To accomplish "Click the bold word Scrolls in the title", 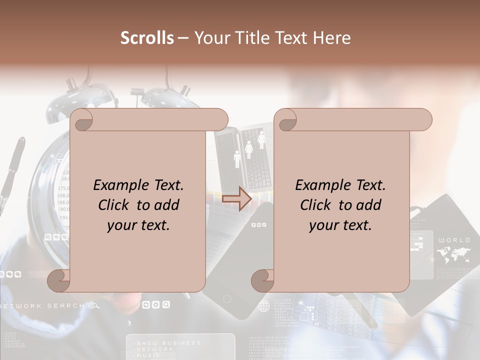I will tap(147, 38).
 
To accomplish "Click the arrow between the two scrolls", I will tap(236, 198).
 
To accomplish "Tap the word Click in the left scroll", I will tap(115, 205).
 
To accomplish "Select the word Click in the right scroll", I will tap(317, 205).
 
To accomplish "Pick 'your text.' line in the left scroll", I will tap(138, 225).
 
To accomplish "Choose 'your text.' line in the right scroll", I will tap(340, 225).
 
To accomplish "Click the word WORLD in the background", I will tap(454, 240).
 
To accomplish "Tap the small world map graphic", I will tap(454, 256).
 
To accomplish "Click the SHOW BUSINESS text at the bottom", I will tap(168, 343).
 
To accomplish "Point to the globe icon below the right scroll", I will tap(263, 305).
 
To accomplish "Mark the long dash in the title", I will tap(183, 38).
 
